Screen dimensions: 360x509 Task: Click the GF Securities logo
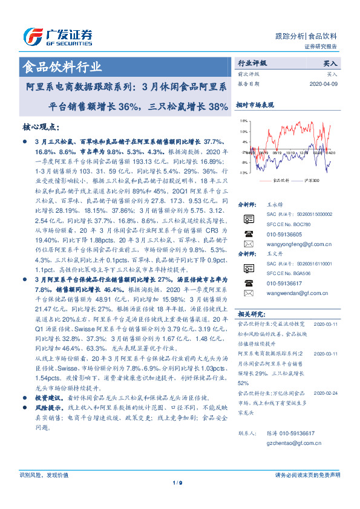57,37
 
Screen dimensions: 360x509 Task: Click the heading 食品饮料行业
62,66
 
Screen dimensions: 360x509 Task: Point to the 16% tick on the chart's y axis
243,121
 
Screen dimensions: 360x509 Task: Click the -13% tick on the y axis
243,172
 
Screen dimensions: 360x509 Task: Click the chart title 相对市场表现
255,105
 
